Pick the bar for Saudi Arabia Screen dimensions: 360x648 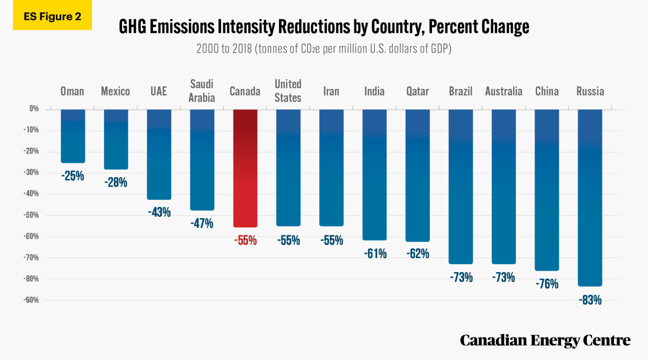tap(202, 159)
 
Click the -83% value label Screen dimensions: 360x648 tap(590, 300)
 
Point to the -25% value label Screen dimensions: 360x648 tap(72, 176)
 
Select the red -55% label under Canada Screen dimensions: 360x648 tap(245, 240)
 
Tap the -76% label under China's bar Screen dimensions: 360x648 tap(547, 284)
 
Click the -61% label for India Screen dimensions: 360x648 tap(375, 254)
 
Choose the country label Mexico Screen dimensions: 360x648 tap(115, 91)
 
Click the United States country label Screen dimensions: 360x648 tap(288, 90)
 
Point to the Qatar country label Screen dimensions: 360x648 tap(417, 91)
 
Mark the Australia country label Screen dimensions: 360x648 tap(504, 91)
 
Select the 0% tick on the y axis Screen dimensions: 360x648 tap(34, 109)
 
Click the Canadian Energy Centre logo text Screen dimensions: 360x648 tap(545, 340)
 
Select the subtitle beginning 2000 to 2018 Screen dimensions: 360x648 tap(324, 49)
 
